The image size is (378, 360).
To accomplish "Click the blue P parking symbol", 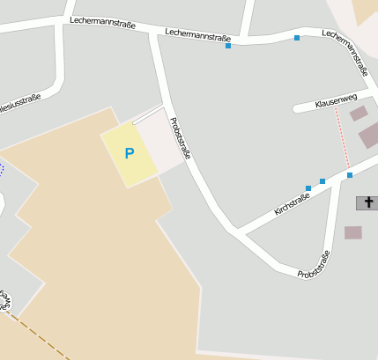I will click(129, 153).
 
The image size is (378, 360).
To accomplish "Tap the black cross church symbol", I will click(367, 203).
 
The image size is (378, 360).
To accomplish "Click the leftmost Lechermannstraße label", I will click(102, 22).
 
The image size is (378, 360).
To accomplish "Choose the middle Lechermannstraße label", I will click(198, 36).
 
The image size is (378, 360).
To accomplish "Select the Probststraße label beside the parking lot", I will click(180, 138).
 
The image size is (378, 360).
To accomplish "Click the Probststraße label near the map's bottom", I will click(314, 265).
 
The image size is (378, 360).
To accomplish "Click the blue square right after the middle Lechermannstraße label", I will click(228, 46).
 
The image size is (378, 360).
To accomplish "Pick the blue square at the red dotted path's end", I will click(350, 174).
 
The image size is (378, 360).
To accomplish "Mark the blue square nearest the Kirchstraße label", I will click(308, 188).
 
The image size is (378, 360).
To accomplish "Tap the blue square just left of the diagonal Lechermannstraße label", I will click(297, 38).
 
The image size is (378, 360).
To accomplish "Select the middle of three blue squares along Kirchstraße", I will click(322, 181).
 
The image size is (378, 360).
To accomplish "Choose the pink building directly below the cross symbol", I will click(353, 232).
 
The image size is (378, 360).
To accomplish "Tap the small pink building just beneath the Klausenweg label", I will click(358, 114).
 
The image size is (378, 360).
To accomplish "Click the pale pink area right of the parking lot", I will click(167, 141).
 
